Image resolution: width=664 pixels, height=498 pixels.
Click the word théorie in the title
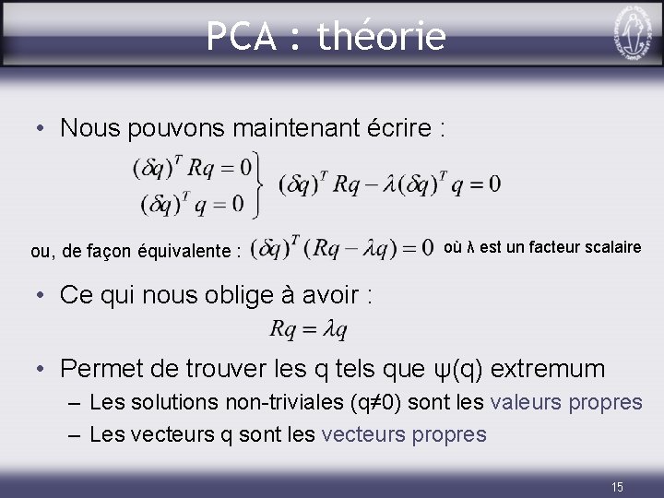pyautogui.click(x=381, y=37)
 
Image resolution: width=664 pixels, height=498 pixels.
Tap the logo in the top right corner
pyautogui.click(x=630, y=33)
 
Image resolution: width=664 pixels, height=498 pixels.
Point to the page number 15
pyautogui.click(x=618, y=486)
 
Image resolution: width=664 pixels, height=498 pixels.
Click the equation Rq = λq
pyautogui.click(x=309, y=329)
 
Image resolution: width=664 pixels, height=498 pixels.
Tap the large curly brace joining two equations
pyautogui.click(x=260, y=184)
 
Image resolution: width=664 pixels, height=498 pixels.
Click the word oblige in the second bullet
pyautogui.click(x=255, y=295)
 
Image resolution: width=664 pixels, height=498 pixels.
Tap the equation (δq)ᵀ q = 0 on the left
pyautogui.click(x=192, y=202)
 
